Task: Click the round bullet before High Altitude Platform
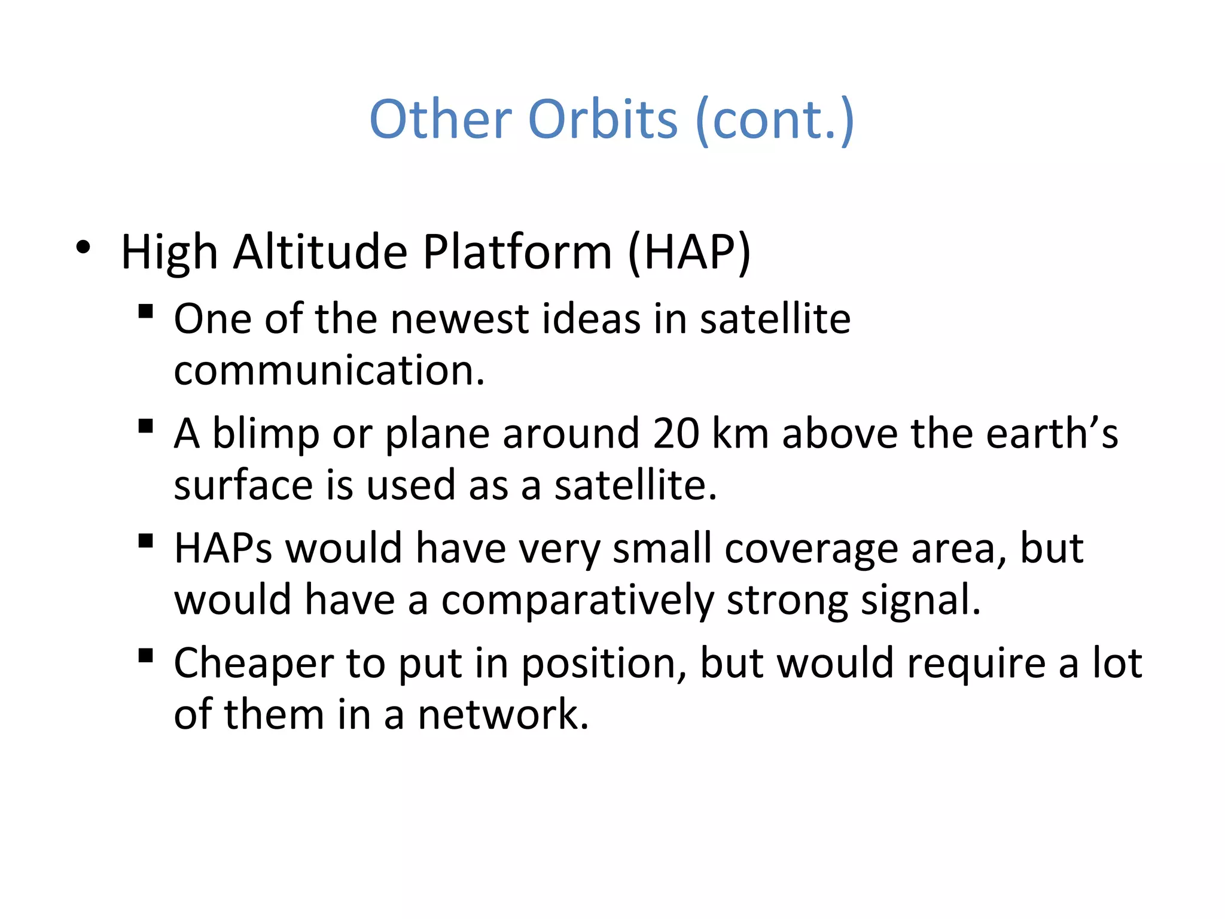pos(83,247)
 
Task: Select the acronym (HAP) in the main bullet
pos(689,252)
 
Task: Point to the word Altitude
pos(320,252)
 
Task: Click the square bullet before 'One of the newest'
pos(145,312)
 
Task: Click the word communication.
pos(328,371)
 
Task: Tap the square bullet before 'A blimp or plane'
pos(145,427)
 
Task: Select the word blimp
pos(266,434)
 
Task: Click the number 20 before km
pos(675,433)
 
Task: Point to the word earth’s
pos(1052,433)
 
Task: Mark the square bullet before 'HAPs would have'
pos(145,541)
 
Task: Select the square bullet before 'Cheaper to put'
pos(145,656)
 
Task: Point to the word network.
pos(503,716)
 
